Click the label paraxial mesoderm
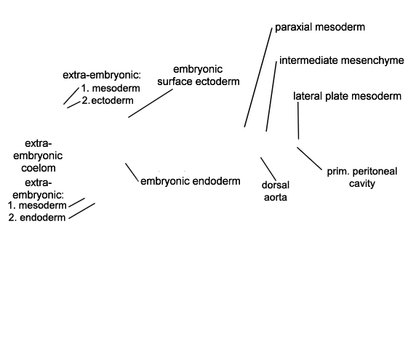(320, 27)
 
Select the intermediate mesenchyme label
(342, 60)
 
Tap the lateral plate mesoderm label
(347, 96)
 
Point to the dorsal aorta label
(276, 191)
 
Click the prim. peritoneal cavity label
(362, 177)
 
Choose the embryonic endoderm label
(191, 181)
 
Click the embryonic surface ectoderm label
(199, 76)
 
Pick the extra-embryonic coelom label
(38, 156)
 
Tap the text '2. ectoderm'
(108, 100)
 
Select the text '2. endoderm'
(37, 217)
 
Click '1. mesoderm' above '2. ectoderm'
(111, 88)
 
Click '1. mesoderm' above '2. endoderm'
(37, 205)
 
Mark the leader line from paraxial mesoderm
(258, 78)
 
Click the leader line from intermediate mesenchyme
(271, 97)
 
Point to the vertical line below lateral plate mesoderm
(298, 121)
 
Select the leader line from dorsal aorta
(268, 169)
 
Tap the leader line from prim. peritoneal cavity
(309, 159)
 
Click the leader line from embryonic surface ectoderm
(151, 103)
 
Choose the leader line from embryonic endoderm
(132, 172)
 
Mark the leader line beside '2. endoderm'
(81, 211)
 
